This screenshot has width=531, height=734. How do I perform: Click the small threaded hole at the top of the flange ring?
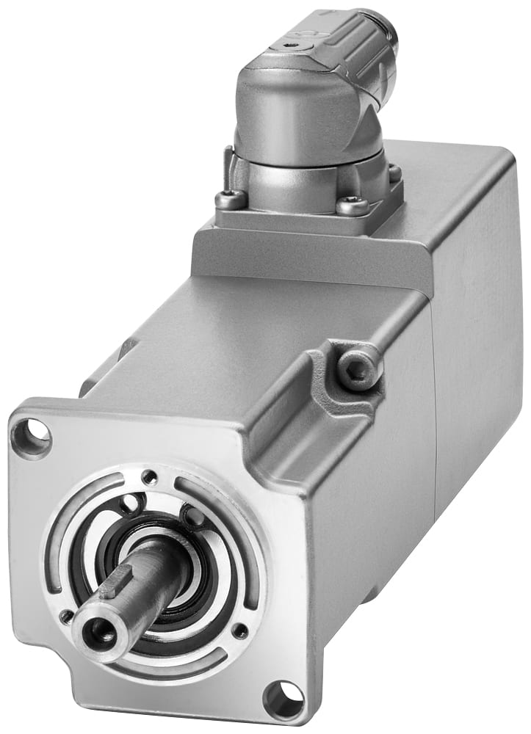pyautogui.click(x=149, y=477)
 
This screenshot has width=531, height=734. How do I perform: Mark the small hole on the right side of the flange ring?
pyautogui.click(x=239, y=630)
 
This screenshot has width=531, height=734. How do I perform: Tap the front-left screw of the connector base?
pyautogui.click(x=230, y=197)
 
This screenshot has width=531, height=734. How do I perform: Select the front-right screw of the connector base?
pyautogui.click(x=351, y=206)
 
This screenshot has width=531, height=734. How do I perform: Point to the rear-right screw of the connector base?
pyautogui.click(x=394, y=173)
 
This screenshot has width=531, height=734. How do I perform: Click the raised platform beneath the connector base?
pyautogui.click(x=308, y=250)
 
